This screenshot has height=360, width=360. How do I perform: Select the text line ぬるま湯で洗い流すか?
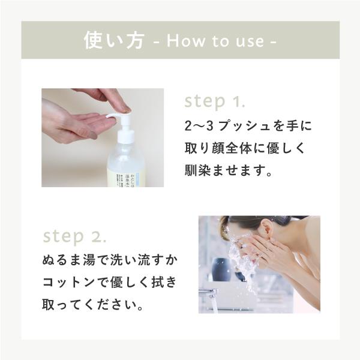pyautogui.click(x=111, y=262)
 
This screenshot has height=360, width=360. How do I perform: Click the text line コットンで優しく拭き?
pyautogui.click(x=111, y=283)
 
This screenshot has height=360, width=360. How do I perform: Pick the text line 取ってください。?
pyautogui.click(x=93, y=305)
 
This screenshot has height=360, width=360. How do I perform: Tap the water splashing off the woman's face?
pyautogui.click(x=243, y=264)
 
